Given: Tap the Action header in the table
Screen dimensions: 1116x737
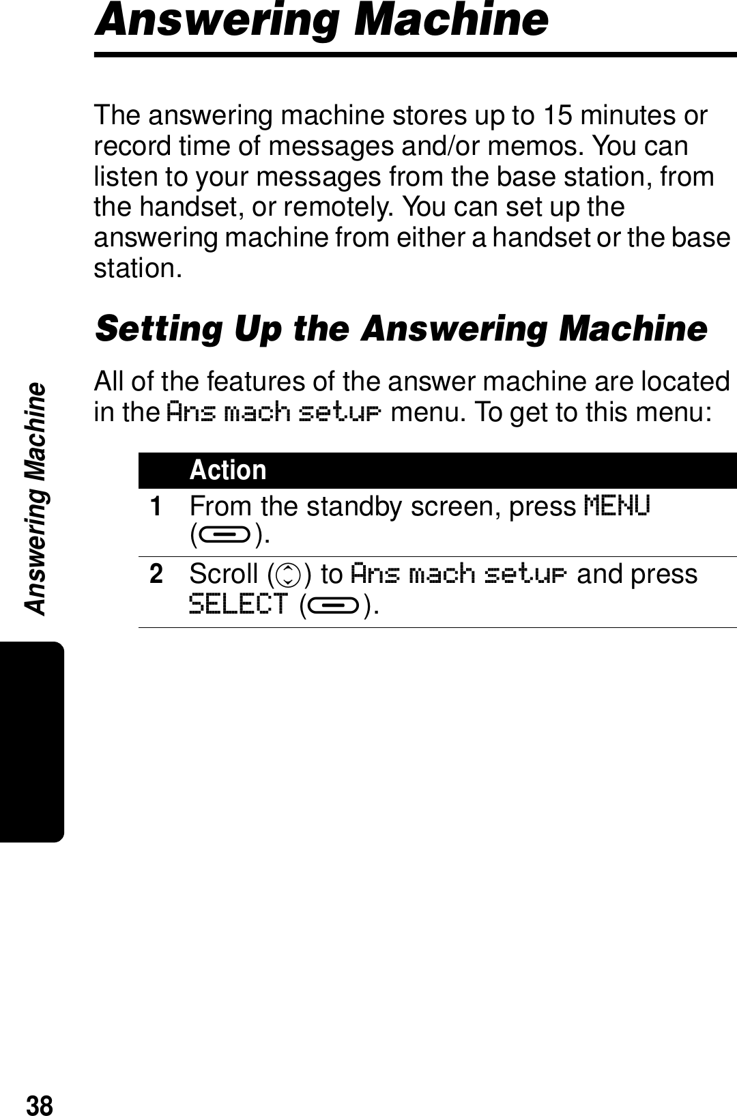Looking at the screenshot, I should [228, 470].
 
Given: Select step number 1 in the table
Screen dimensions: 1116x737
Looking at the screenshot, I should [157, 506].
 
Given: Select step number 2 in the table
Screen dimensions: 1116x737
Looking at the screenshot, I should [157, 574].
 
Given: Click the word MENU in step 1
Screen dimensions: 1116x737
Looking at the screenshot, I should [618, 506].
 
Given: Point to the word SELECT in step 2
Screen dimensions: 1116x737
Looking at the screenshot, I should [238, 604].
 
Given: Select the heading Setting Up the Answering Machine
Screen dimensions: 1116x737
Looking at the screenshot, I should [401, 328].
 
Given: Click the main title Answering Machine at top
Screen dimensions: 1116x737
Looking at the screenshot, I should [321, 20].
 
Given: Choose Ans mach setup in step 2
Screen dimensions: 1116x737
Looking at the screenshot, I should [459, 574].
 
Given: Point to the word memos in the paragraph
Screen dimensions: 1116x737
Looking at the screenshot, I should [546, 146].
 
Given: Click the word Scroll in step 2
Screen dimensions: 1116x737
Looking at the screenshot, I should [223, 574].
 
